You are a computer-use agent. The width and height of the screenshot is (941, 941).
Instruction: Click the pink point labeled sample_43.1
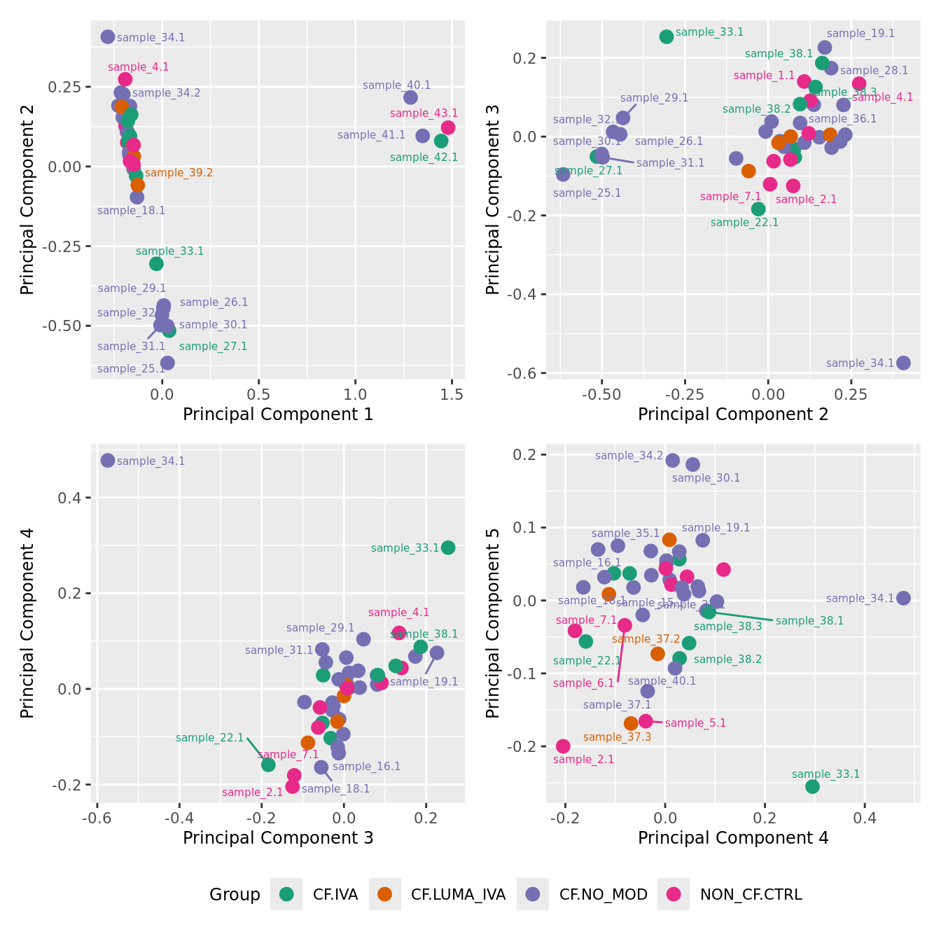448,127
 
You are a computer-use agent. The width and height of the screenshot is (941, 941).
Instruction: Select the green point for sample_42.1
441,141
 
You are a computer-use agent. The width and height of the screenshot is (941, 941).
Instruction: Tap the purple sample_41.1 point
422,136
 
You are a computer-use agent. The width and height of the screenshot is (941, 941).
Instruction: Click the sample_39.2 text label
179,173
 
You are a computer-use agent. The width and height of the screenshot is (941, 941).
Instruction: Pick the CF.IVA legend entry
335,894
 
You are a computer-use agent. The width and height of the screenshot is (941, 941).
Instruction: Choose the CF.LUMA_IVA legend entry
458,894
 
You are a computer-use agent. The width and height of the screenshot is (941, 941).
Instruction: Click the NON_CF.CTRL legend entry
751,894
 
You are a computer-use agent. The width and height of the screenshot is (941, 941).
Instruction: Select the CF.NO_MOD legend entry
603,894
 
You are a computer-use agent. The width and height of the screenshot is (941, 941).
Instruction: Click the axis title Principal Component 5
493,622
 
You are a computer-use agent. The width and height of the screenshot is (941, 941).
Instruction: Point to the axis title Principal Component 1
278,414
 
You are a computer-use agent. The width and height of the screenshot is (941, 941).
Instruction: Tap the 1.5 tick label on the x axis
452,395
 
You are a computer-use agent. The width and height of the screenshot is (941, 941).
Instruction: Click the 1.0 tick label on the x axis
356,395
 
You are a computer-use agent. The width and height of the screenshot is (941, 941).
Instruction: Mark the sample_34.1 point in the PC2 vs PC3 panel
903,363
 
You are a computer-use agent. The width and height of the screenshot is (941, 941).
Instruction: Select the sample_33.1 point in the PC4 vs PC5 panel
812,786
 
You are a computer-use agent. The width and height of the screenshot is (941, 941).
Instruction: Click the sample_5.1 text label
695,723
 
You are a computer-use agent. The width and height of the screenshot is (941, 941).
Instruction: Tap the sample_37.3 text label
617,737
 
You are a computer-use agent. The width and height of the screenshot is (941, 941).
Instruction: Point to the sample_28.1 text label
874,71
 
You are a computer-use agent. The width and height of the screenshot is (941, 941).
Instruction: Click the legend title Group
235,895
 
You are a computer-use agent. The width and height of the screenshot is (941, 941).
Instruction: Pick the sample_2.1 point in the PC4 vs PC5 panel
563,746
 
